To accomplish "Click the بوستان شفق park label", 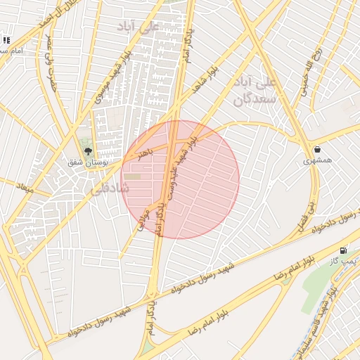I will (84, 162).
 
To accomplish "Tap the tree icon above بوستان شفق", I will (88, 150).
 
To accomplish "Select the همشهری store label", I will (316, 161).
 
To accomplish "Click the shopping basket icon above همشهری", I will (318, 149).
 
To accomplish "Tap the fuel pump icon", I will (343, 250).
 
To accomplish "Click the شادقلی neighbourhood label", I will (108, 189).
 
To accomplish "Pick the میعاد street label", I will (24, 189).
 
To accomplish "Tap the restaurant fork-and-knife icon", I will (7, 41).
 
